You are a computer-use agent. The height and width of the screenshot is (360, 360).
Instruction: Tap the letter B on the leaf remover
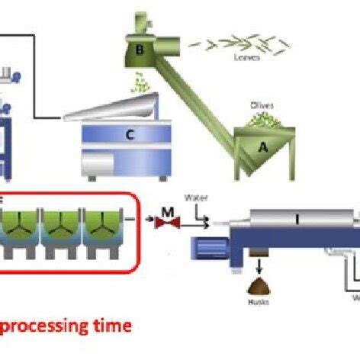(140, 51)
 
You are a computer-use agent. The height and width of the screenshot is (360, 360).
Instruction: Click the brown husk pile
(258, 287)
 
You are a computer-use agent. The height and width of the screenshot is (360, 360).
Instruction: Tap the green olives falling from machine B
(141, 82)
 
